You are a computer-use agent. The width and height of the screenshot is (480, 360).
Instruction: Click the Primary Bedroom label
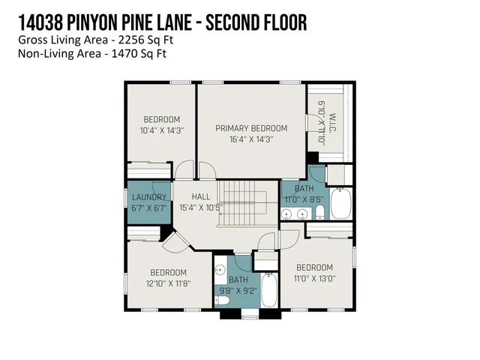251,128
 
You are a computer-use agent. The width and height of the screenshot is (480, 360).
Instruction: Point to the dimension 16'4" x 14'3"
251,139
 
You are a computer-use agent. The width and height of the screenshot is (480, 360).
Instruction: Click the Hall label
200,196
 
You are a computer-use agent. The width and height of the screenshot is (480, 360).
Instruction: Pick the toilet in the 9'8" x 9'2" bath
223,301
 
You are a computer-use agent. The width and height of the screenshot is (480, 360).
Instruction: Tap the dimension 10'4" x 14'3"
161,130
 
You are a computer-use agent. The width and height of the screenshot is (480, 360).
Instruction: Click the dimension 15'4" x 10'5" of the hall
200,207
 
